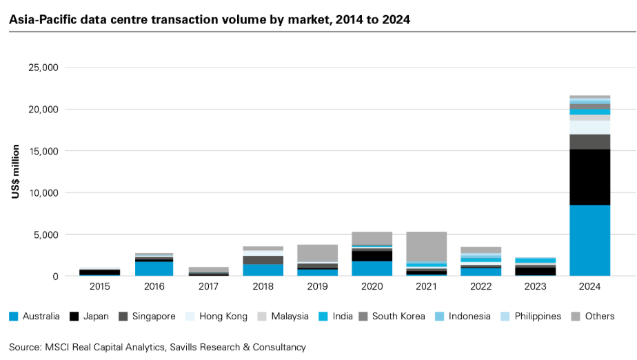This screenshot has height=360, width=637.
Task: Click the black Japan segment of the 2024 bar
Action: pyautogui.click(x=589, y=177)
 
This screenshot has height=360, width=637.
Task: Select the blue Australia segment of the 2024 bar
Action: pyautogui.click(x=589, y=240)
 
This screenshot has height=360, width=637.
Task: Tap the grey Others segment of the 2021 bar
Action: pyautogui.click(x=426, y=247)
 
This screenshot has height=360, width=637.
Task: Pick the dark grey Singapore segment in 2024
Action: pyautogui.click(x=589, y=142)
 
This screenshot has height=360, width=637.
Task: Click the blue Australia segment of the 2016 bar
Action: pyautogui.click(x=154, y=268)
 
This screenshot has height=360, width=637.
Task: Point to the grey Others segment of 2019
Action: pyautogui.click(x=317, y=253)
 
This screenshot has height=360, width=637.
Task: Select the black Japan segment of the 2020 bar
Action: pyautogui.click(x=372, y=256)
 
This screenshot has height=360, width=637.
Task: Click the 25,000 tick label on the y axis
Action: pyautogui.click(x=43, y=68)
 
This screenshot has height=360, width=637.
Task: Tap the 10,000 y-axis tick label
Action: pyautogui.click(x=43, y=193)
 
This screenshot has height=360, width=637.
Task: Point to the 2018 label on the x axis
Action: pyautogui.click(x=263, y=286)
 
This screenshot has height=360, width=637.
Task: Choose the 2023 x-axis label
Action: pyautogui.click(x=535, y=286)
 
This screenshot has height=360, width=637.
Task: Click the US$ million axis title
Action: pyautogui.click(x=15, y=172)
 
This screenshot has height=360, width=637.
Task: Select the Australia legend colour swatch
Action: pyautogui.click(x=14, y=317)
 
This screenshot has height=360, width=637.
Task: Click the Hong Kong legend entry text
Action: pyautogui.click(x=223, y=317)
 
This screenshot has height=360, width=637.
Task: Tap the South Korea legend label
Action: pyautogui.click(x=398, y=317)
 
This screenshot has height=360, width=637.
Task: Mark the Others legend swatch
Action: pyautogui.click(x=575, y=317)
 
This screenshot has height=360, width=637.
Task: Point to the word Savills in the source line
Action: pyautogui.click(x=183, y=348)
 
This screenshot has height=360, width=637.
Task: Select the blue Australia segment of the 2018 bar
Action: pyautogui.click(x=263, y=270)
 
